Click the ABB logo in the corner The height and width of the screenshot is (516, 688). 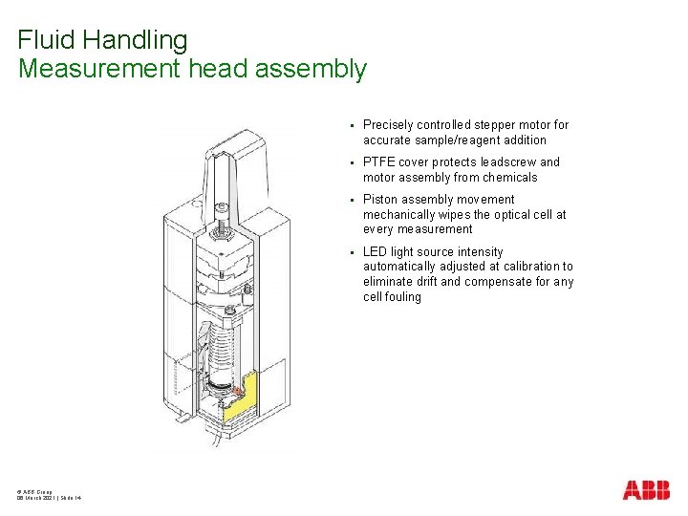(x=646, y=490)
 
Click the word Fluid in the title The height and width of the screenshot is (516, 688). (x=47, y=40)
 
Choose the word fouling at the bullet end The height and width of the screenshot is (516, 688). (x=402, y=297)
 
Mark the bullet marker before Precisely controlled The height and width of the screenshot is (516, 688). (x=352, y=125)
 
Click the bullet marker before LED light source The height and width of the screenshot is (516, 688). (x=352, y=252)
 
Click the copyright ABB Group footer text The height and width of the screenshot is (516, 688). (x=35, y=491)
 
